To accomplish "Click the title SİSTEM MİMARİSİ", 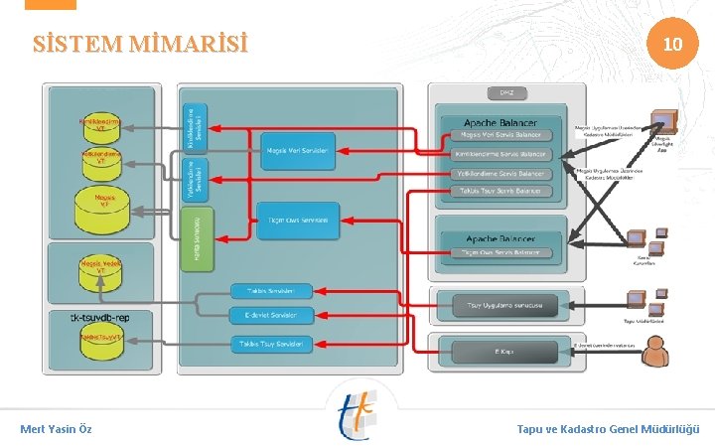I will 139,45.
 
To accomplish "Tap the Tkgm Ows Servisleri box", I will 298,219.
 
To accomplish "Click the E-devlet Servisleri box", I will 271,316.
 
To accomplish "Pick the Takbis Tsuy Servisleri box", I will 271,344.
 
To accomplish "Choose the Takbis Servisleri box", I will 271,291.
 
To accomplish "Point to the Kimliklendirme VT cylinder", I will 100,126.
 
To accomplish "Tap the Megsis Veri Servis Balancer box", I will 500,135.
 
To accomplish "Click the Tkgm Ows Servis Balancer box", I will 500,253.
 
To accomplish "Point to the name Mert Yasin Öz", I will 57,429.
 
